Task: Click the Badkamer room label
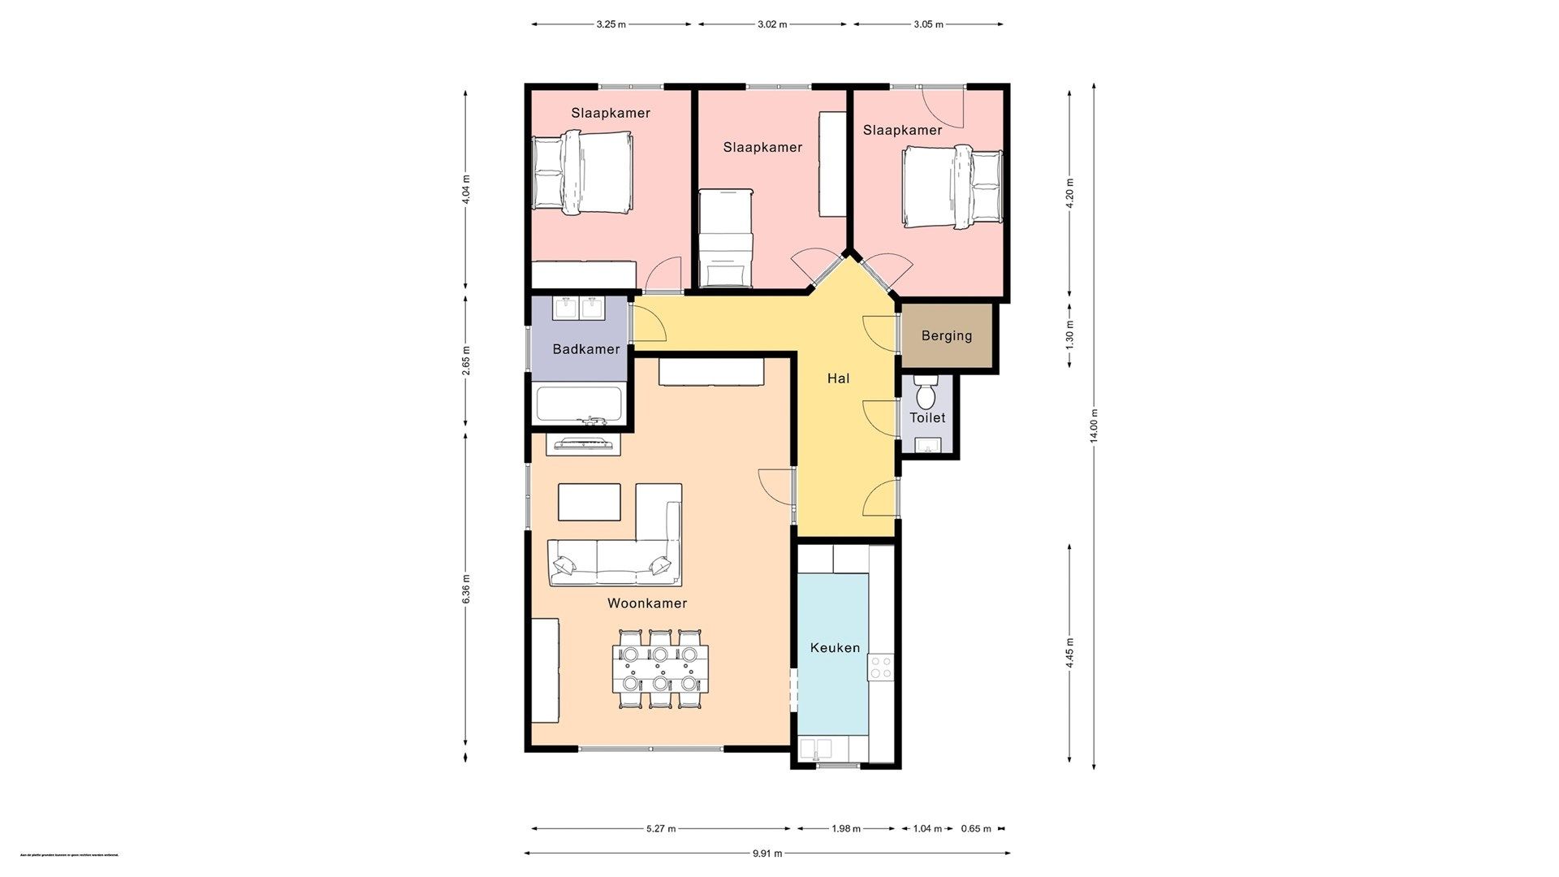coord(585,349)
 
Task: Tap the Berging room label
coord(946,335)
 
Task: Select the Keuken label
coord(835,647)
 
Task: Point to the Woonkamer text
coord(647,603)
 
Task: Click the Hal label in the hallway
coord(838,378)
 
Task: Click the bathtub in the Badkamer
coord(579,404)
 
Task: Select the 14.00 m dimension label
coord(1094,426)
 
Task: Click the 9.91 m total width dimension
coord(767,853)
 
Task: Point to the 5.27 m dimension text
coord(661,829)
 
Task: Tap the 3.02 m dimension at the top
coord(772,24)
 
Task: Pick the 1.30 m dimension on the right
coord(1069,335)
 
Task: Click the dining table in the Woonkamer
coord(660,669)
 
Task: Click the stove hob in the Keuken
coord(881,667)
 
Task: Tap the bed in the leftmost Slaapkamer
coord(581,174)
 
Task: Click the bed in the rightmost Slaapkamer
coord(953,186)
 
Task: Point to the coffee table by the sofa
coord(589,502)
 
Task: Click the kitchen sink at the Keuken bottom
coord(816,748)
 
